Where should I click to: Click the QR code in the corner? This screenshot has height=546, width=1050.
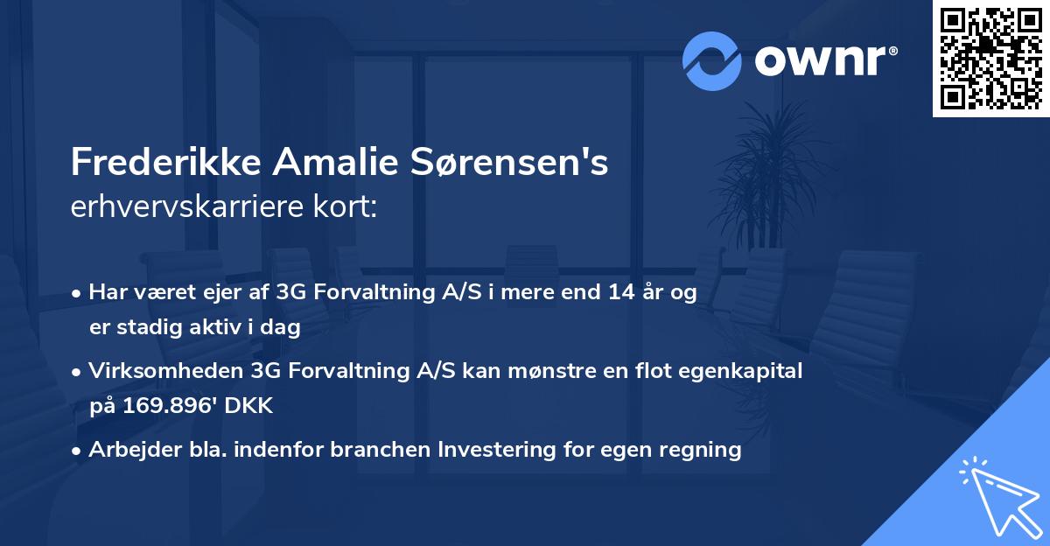(990, 59)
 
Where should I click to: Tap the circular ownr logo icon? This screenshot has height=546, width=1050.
(712, 60)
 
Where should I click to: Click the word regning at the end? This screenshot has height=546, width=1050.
(701, 450)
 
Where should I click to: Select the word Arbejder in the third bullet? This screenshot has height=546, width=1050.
(129, 450)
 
